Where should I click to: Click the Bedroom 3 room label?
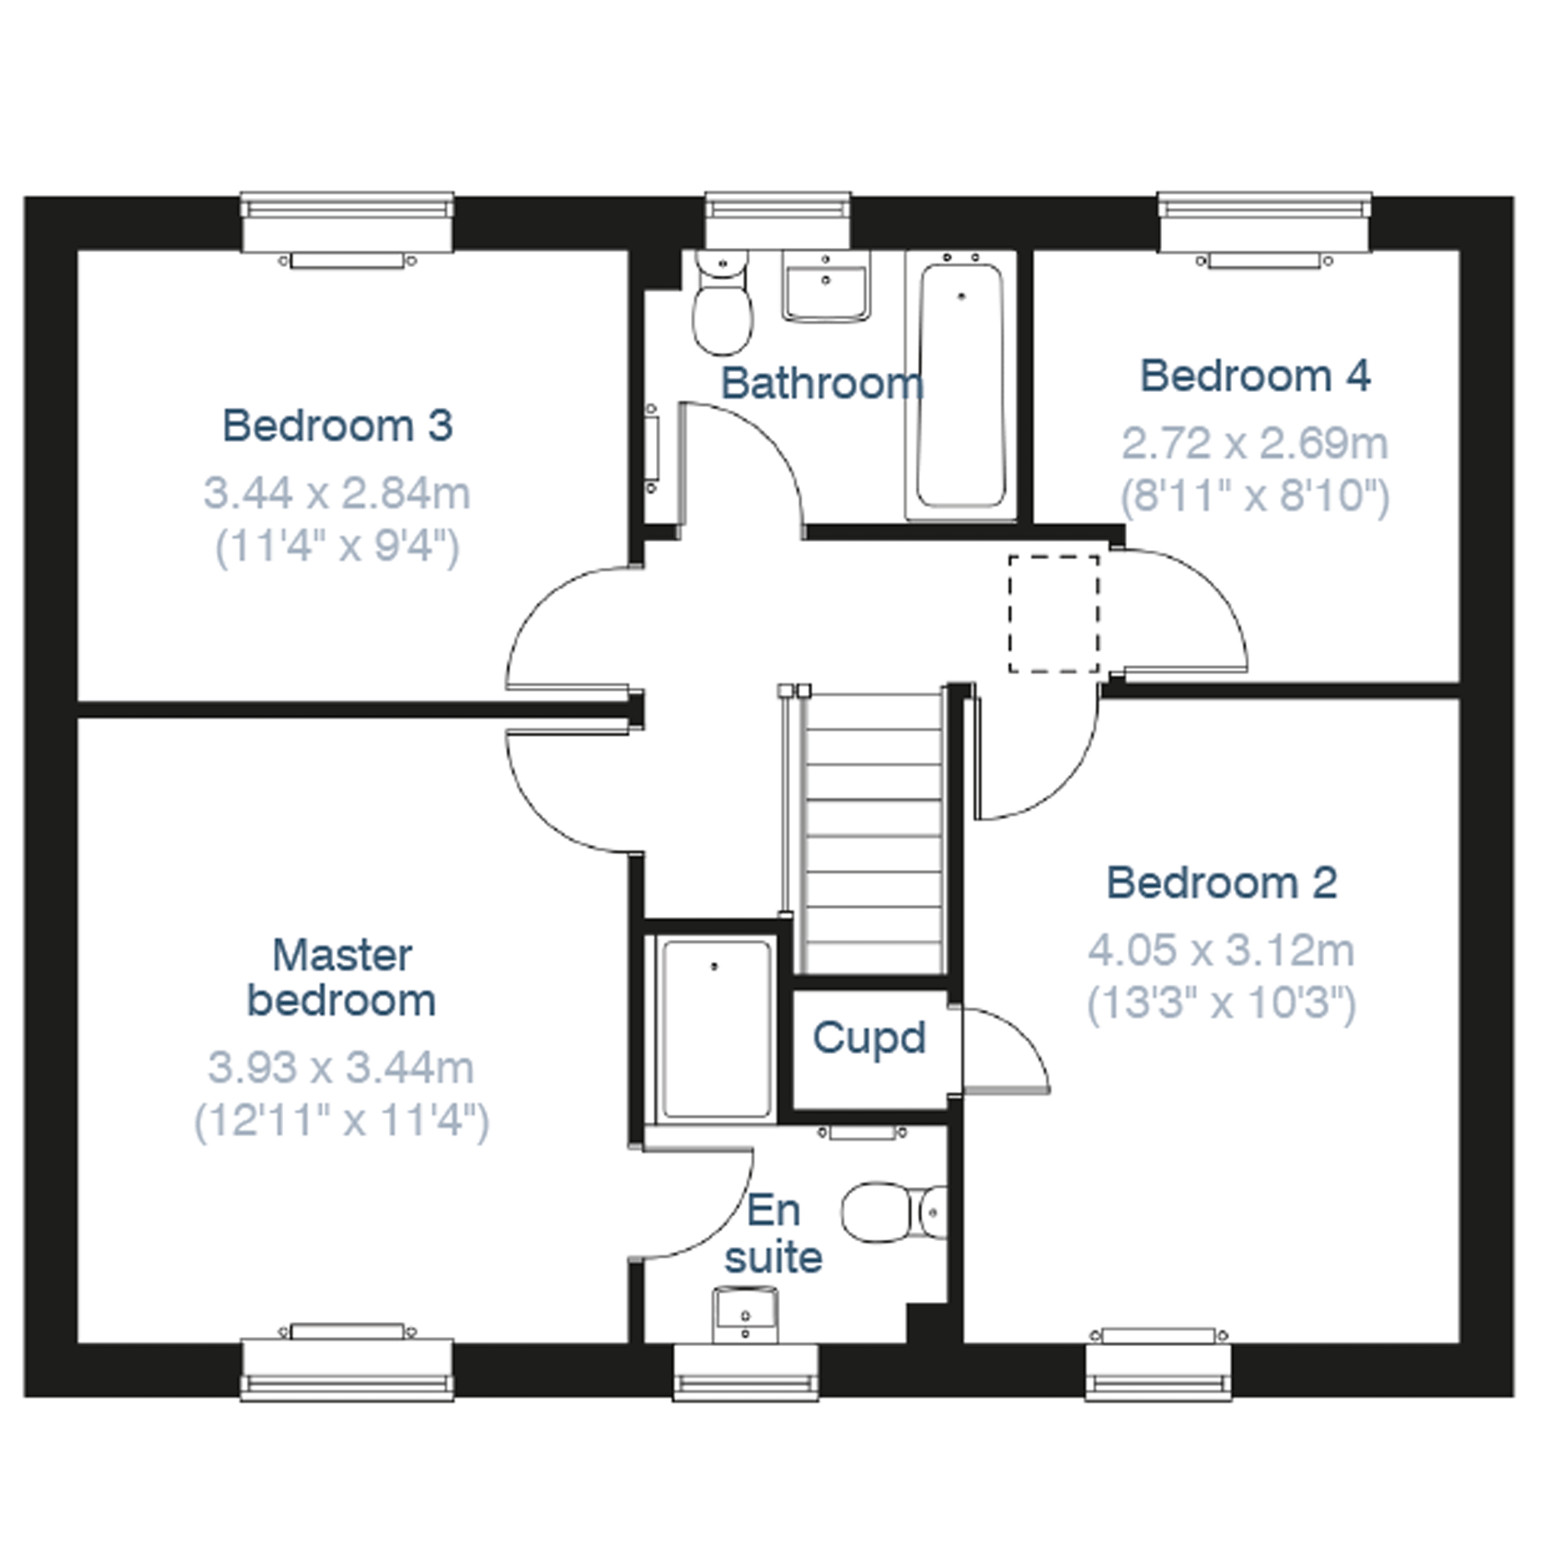coord(337,425)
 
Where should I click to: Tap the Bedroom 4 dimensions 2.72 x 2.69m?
coord(1255,444)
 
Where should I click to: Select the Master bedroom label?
coord(342,977)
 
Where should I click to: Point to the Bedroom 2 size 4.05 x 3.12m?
coord(1221,950)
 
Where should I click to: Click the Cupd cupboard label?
coord(868,1038)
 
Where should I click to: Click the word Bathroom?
coord(823,384)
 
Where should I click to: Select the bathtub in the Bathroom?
coord(960,385)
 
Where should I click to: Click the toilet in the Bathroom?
coord(722,302)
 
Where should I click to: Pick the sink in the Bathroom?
coord(826,286)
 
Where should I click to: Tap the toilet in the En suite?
coord(894,1212)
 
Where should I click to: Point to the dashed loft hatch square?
coord(1054,614)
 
